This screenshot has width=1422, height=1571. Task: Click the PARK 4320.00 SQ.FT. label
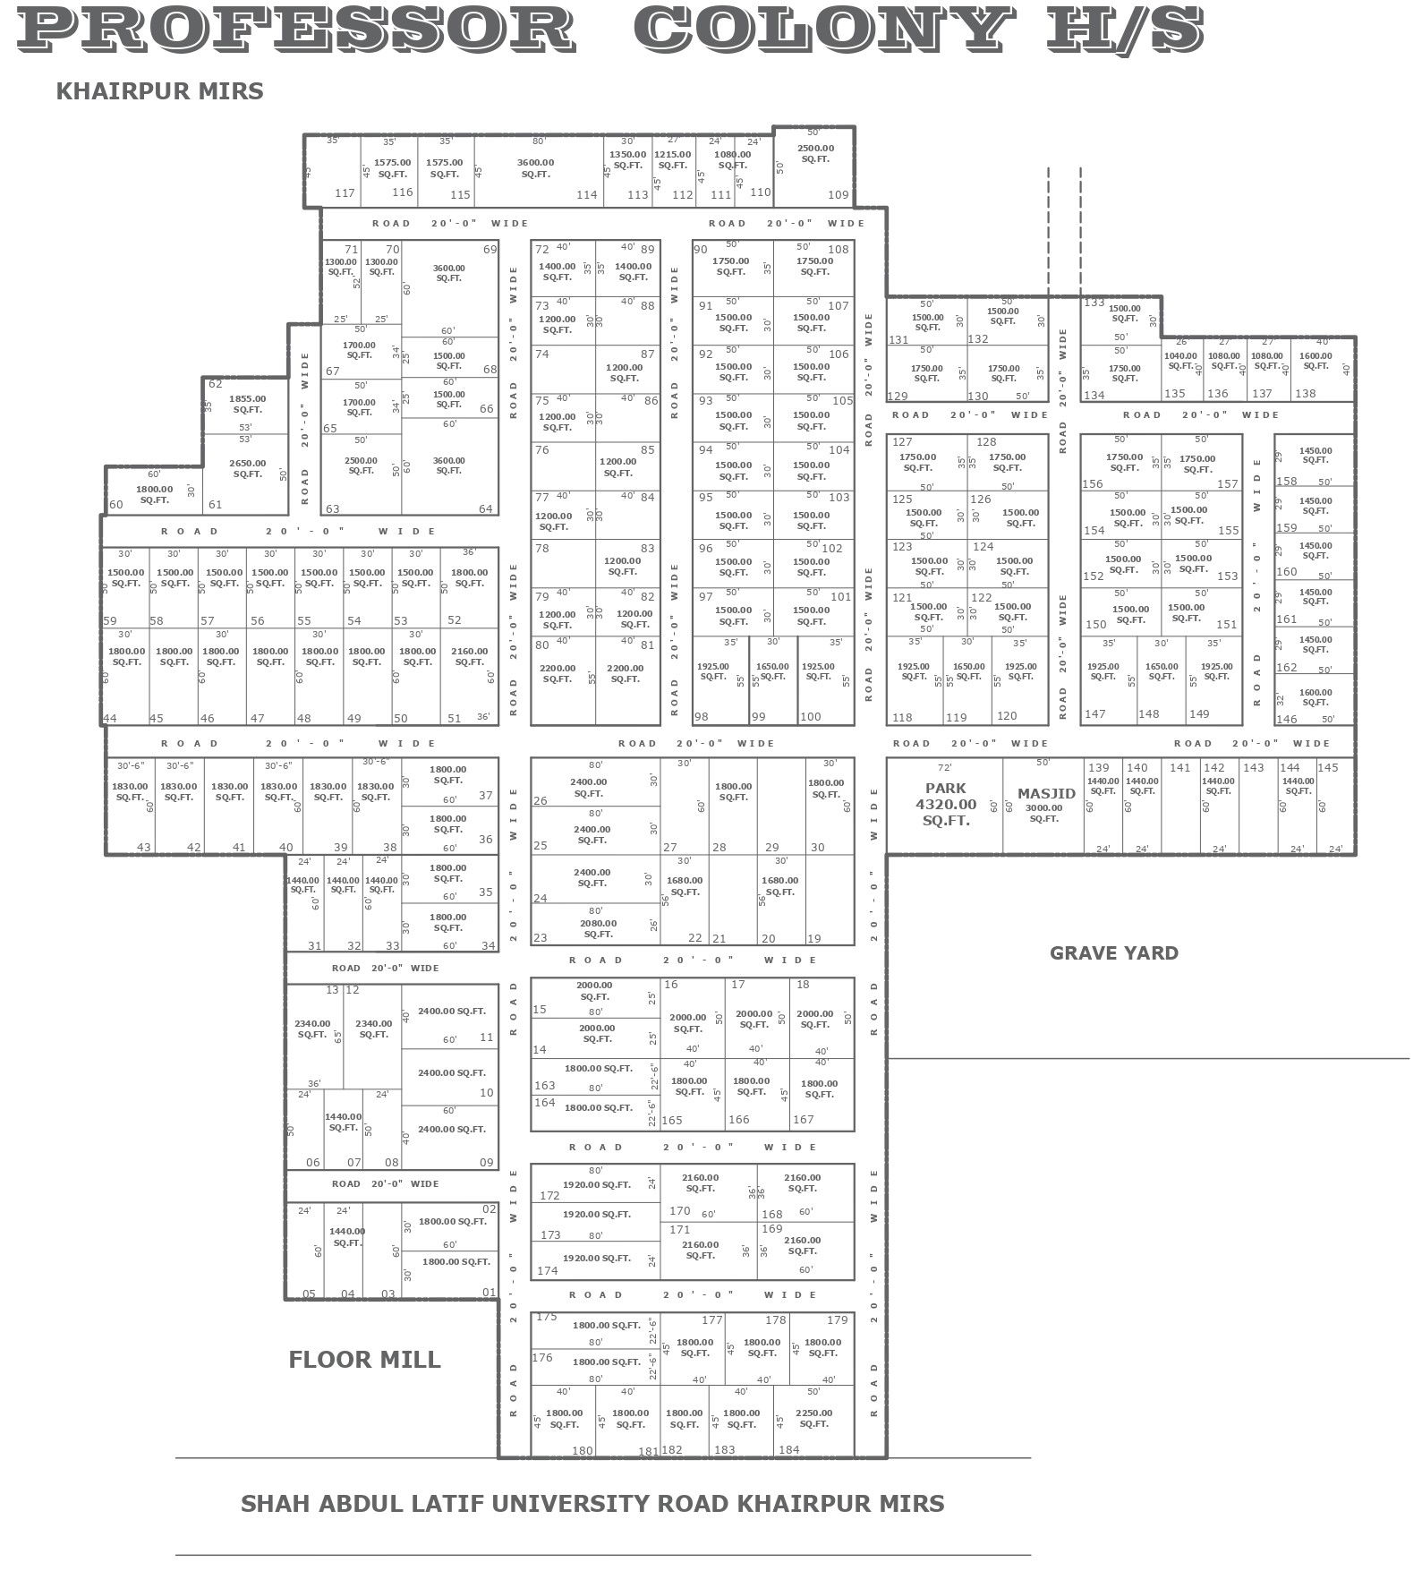click(x=946, y=804)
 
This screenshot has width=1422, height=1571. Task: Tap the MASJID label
click(x=1046, y=793)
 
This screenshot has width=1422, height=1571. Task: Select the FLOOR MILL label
click(x=364, y=1360)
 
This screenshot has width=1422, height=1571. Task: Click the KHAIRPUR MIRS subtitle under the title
click(x=159, y=91)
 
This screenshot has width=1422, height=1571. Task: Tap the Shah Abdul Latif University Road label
click(x=592, y=1503)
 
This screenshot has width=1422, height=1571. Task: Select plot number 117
click(x=345, y=192)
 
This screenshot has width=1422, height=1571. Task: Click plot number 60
click(x=115, y=505)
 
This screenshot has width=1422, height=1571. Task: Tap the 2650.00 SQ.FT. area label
click(x=247, y=468)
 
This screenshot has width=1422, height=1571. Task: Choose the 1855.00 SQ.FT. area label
click(x=247, y=404)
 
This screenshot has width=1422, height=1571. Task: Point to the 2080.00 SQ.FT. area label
click(x=598, y=928)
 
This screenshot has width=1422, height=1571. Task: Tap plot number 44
click(x=110, y=718)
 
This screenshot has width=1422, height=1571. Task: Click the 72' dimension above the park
click(x=944, y=767)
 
